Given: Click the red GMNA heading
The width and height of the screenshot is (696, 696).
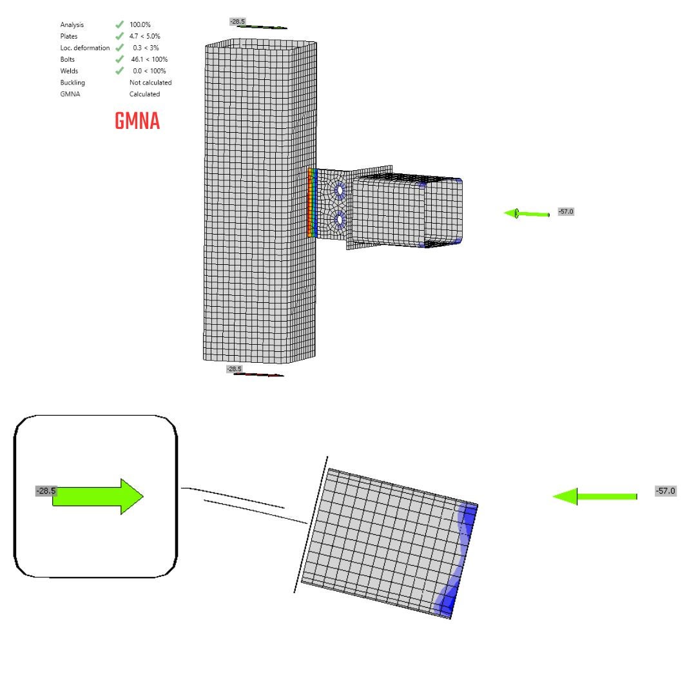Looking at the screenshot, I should pos(137,121).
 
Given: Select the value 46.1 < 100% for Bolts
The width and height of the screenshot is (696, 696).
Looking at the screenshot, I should pos(149,59).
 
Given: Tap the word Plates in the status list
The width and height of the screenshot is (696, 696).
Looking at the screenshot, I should pos(69,36).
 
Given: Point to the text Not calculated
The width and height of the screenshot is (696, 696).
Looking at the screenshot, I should pos(150,82).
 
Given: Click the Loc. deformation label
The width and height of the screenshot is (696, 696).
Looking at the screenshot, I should pos(85,48).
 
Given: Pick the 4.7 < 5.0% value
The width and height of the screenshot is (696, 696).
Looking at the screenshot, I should pos(145,36).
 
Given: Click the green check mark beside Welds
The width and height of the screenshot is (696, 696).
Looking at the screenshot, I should pos(119,71).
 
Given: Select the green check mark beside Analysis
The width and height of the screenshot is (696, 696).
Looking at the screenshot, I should pos(119,24).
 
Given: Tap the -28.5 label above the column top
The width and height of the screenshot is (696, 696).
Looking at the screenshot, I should pos(238,22).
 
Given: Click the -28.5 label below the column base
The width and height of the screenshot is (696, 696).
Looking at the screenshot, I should pos(235,369).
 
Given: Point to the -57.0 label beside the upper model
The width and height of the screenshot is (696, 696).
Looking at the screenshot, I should pos(565,211).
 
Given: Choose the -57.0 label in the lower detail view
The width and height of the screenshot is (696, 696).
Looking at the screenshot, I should pos(666,491).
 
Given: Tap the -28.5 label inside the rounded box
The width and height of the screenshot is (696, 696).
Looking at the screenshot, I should pos(46,491).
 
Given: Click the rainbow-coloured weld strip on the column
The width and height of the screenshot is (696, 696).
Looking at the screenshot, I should pos(312,202).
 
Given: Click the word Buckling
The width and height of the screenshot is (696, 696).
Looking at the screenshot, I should pos(72,82).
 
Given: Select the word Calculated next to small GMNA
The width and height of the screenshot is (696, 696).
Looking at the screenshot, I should pos(144,94).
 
